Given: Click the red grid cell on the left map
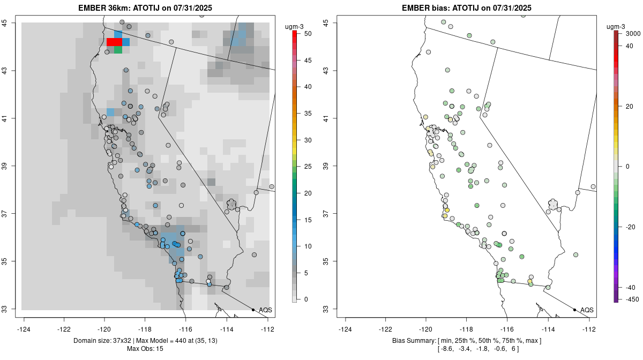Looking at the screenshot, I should coord(114,42).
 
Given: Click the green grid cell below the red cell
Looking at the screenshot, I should coord(118,50).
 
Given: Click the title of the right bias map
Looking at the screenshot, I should coord(466,7).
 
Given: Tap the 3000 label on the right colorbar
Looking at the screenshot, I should coord(633,34).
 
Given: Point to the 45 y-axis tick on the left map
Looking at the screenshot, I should coord(11,22).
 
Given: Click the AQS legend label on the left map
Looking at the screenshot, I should coord(265,310).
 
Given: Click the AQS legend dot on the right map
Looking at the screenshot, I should coord(574,310).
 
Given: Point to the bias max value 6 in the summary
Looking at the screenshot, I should coord(513,349).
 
